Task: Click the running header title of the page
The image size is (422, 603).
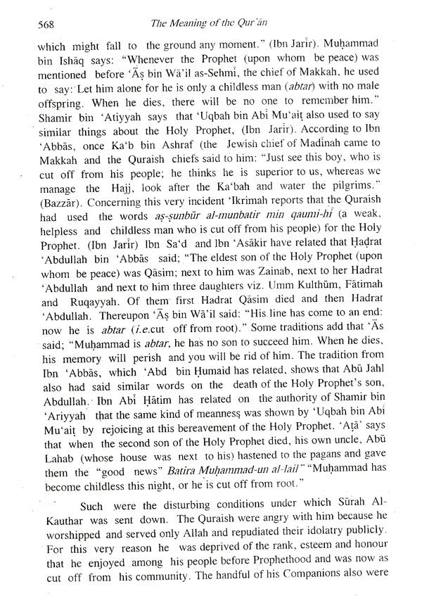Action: tap(212, 23)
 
